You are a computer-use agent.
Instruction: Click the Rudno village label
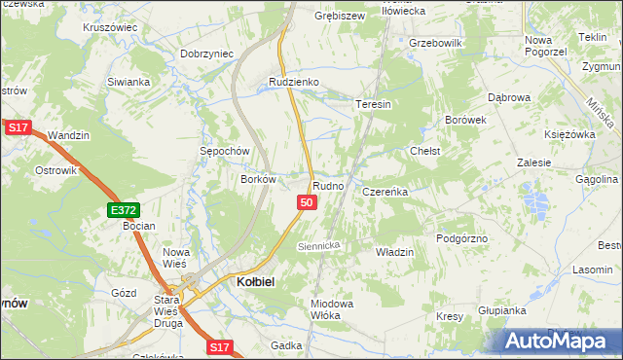tap(327, 185)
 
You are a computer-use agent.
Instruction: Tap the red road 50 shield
tap(307, 202)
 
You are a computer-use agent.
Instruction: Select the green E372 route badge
tap(124, 209)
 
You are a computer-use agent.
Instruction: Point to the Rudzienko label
tap(294, 83)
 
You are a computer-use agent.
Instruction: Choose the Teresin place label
tap(373, 104)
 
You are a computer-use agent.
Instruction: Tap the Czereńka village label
tap(385, 193)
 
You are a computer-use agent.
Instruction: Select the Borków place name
tap(260, 179)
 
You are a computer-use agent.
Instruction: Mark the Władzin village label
tap(395, 252)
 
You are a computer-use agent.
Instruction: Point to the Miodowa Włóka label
tap(331, 309)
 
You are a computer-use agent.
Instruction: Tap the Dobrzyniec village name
tap(207, 54)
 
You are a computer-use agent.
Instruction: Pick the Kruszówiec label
tap(110, 27)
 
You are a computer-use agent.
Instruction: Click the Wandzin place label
tap(69, 134)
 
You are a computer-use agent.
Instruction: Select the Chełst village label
tap(425, 151)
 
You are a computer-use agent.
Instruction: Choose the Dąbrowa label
tap(509, 97)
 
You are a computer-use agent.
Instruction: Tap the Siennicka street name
tap(318, 246)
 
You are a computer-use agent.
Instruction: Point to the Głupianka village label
tap(502, 310)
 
